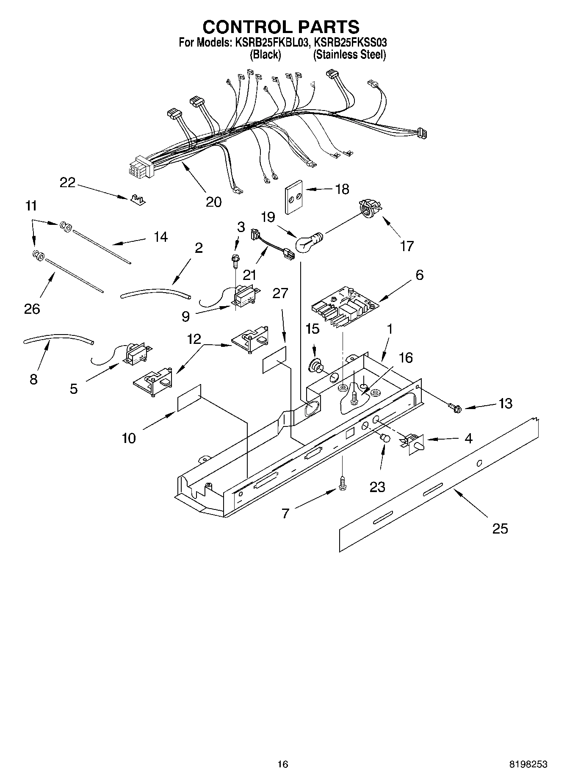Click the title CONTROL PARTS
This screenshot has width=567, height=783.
click(281, 27)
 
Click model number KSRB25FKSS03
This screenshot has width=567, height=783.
click(350, 42)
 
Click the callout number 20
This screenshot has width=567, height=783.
click(213, 202)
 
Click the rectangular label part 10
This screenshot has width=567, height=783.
click(189, 398)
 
